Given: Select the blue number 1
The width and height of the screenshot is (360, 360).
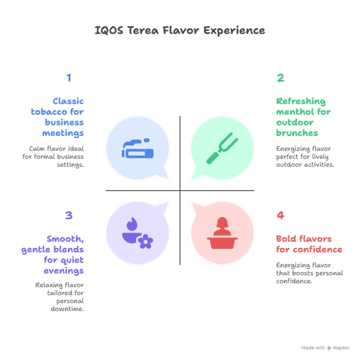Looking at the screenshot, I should click(x=69, y=78).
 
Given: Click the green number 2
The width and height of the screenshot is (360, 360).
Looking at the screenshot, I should click(x=280, y=78).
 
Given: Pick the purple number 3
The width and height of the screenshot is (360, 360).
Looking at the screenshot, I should click(x=69, y=216).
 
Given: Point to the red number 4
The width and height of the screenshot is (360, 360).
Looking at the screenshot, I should click(x=280, y=216).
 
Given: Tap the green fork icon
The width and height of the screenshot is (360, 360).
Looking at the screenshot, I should click(x=222, y=148).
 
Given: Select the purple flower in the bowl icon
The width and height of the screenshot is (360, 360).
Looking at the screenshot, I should click(x=145, y=242).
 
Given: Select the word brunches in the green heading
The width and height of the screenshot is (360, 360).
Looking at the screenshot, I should click(x=297, y=133).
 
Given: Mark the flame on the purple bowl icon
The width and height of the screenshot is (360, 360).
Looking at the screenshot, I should click(x=131, y=223).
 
